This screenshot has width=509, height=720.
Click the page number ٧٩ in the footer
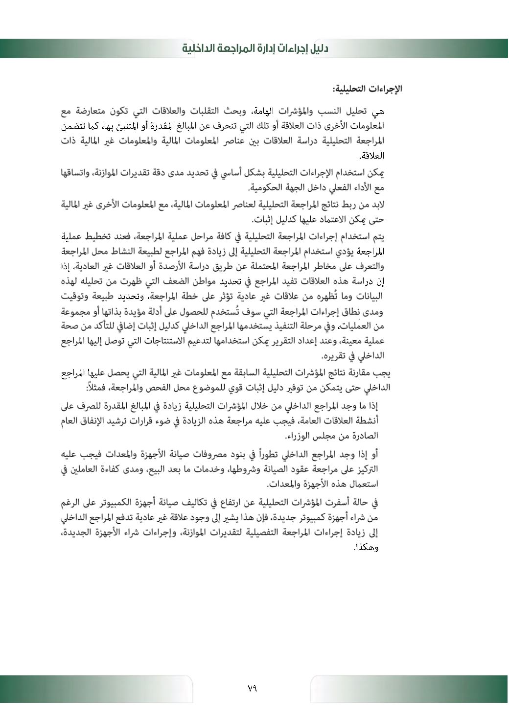tap(252, 688)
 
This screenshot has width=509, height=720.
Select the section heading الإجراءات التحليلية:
tap(368, 89)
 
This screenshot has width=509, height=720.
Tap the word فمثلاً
tap(99, 388)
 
